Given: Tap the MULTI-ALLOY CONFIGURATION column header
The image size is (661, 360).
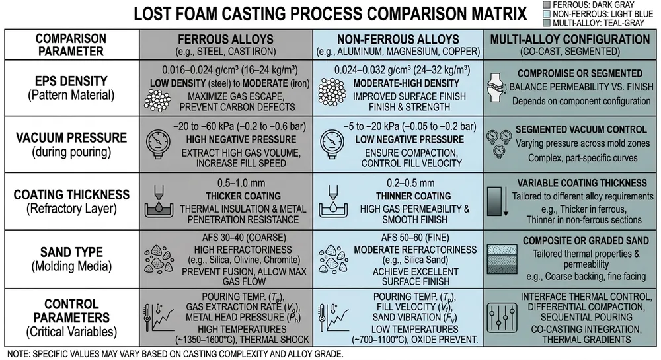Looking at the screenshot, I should coord(570,39).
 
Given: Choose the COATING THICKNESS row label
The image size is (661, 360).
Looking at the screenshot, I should coord(71,195).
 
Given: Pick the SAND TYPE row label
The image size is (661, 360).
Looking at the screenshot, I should coord(71,252).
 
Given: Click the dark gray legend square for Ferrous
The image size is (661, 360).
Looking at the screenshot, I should coord(547,5).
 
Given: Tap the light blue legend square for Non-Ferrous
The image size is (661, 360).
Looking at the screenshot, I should coord(547,14).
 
